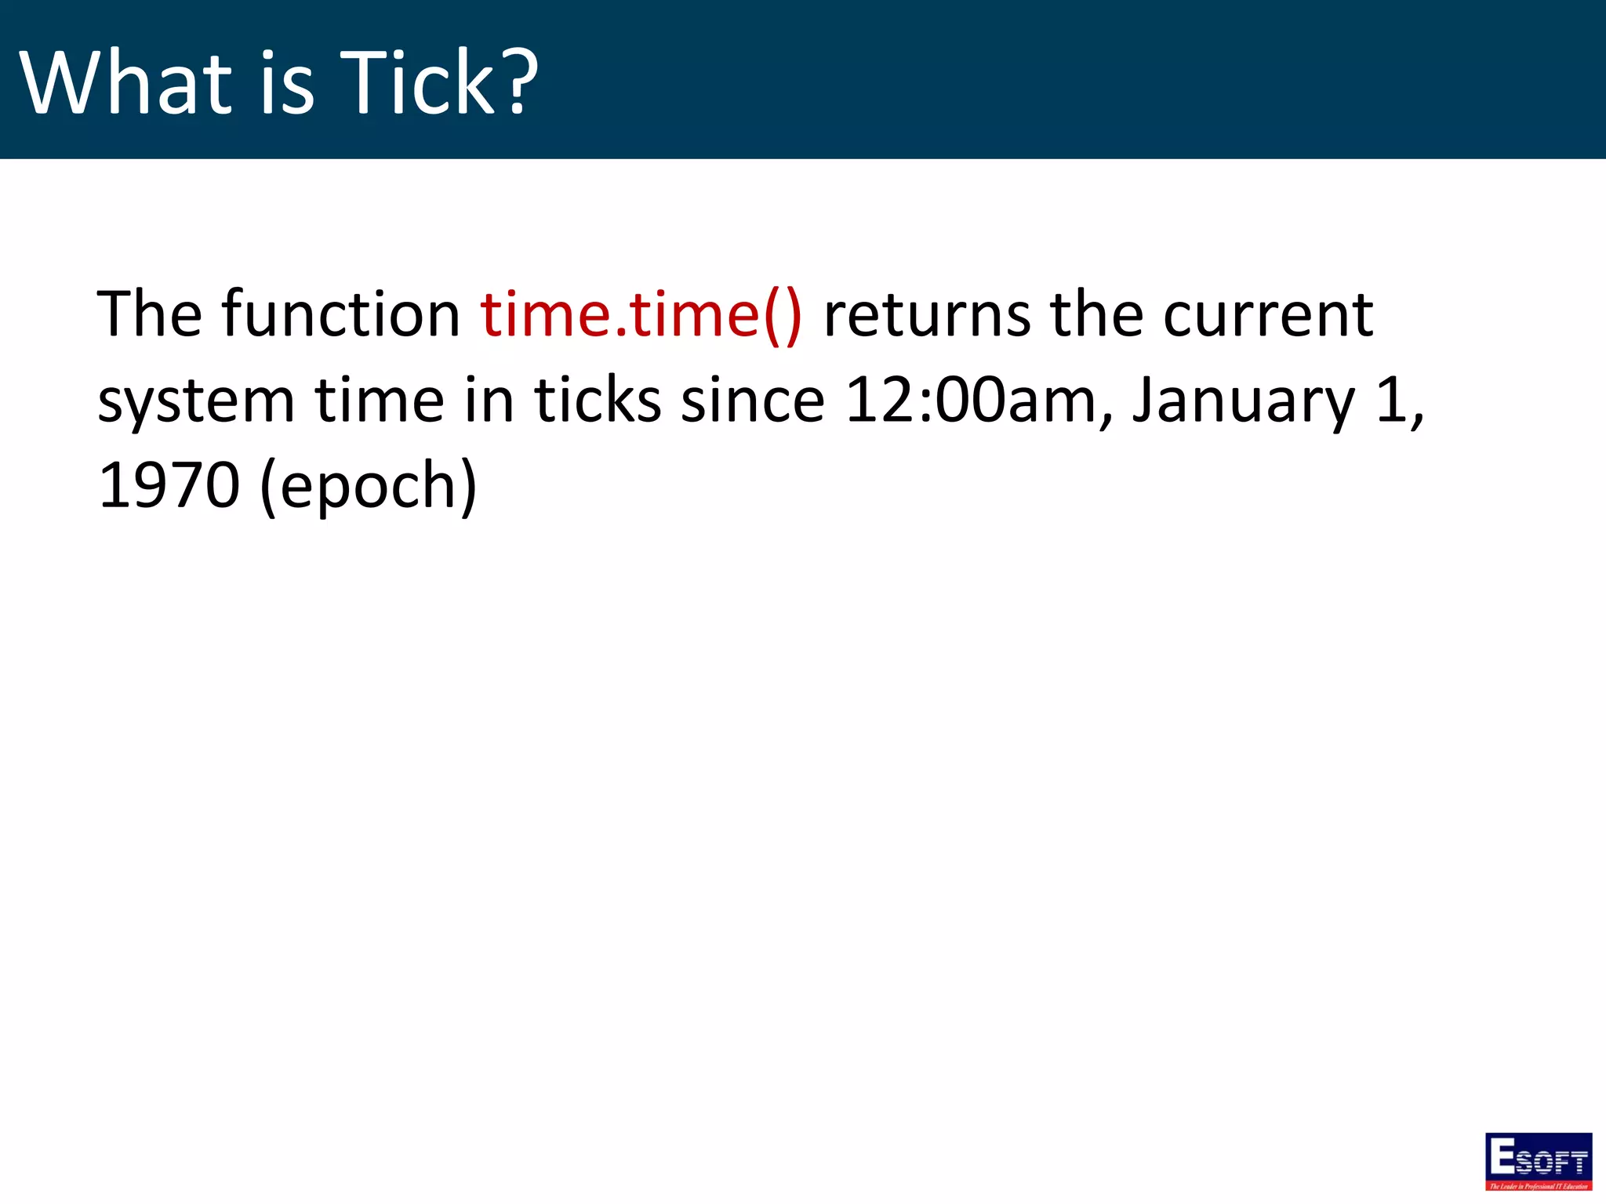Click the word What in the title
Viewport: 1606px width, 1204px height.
(x=125, y=82)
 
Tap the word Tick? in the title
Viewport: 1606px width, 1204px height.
(x=440, y=82)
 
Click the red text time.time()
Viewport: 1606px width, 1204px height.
(x=641, y=315)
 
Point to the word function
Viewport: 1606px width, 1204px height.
(x=341, y=315)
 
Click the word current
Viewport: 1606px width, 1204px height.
(x=1267, y=315)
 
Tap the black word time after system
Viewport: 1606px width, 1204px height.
(x=380, y=401)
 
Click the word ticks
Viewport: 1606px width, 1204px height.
(x=598, y=401)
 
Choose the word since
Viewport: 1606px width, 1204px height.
(x=753, y=401)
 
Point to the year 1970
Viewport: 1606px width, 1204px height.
(x=169, y=486)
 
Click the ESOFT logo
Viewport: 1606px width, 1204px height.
(x=1538, y=1160)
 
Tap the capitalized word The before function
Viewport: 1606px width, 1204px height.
(x=149, y=315)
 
